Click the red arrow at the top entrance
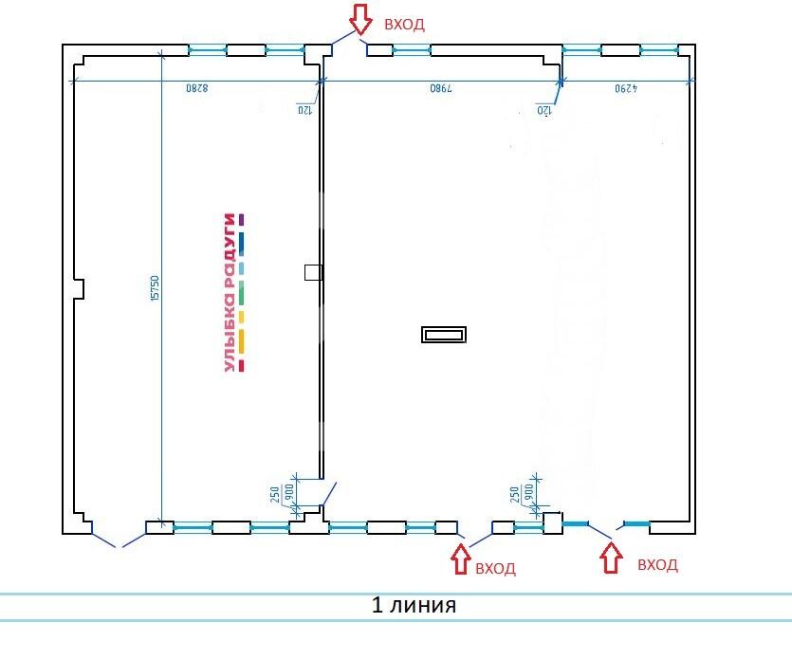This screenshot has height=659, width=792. pyautogui.click(x=360, y=18)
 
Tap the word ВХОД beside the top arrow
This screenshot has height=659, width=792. pyautogui.click(x=404, y=25)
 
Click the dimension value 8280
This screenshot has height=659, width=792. pyautogui.click(x=197, y=88)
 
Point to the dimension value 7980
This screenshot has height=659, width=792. pyautogui.click(x=441, y=88)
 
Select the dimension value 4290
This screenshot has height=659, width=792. pyautogui.click(x=626, y=88)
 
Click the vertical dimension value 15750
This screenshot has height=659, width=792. pyautogui.click(x=155, y=288)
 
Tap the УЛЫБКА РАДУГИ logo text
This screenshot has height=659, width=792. pyautogui.click(x=230, y=292)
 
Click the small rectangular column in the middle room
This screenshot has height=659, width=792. pyautogui.click(x=444, y=335)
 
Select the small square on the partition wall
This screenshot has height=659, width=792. pyautogui.click(x=313, y=273)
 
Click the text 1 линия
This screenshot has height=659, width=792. pyautogui.click(x=414, y=604)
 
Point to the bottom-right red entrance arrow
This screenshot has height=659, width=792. pyautogui.click(x=611, y=557)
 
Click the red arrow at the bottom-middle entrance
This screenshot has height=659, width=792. pyautogui.click(x=461, y=558)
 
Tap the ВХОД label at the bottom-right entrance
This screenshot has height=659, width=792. pyautogui.click(x=657, y=564)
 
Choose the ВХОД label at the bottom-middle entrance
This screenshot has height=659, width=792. pyautogui.click(x=495, y=569)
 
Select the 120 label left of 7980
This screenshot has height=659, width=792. pyautogui.click(x=304, y=109)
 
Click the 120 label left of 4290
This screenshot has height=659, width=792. pyautogui.click(x=543, y=109)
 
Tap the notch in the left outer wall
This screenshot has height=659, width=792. pyautogui.click(x=80, y=288)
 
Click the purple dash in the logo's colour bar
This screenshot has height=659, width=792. pyautogui.click(x=242, y=219)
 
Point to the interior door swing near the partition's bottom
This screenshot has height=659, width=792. pyautogui.click(x=328, y=494)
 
